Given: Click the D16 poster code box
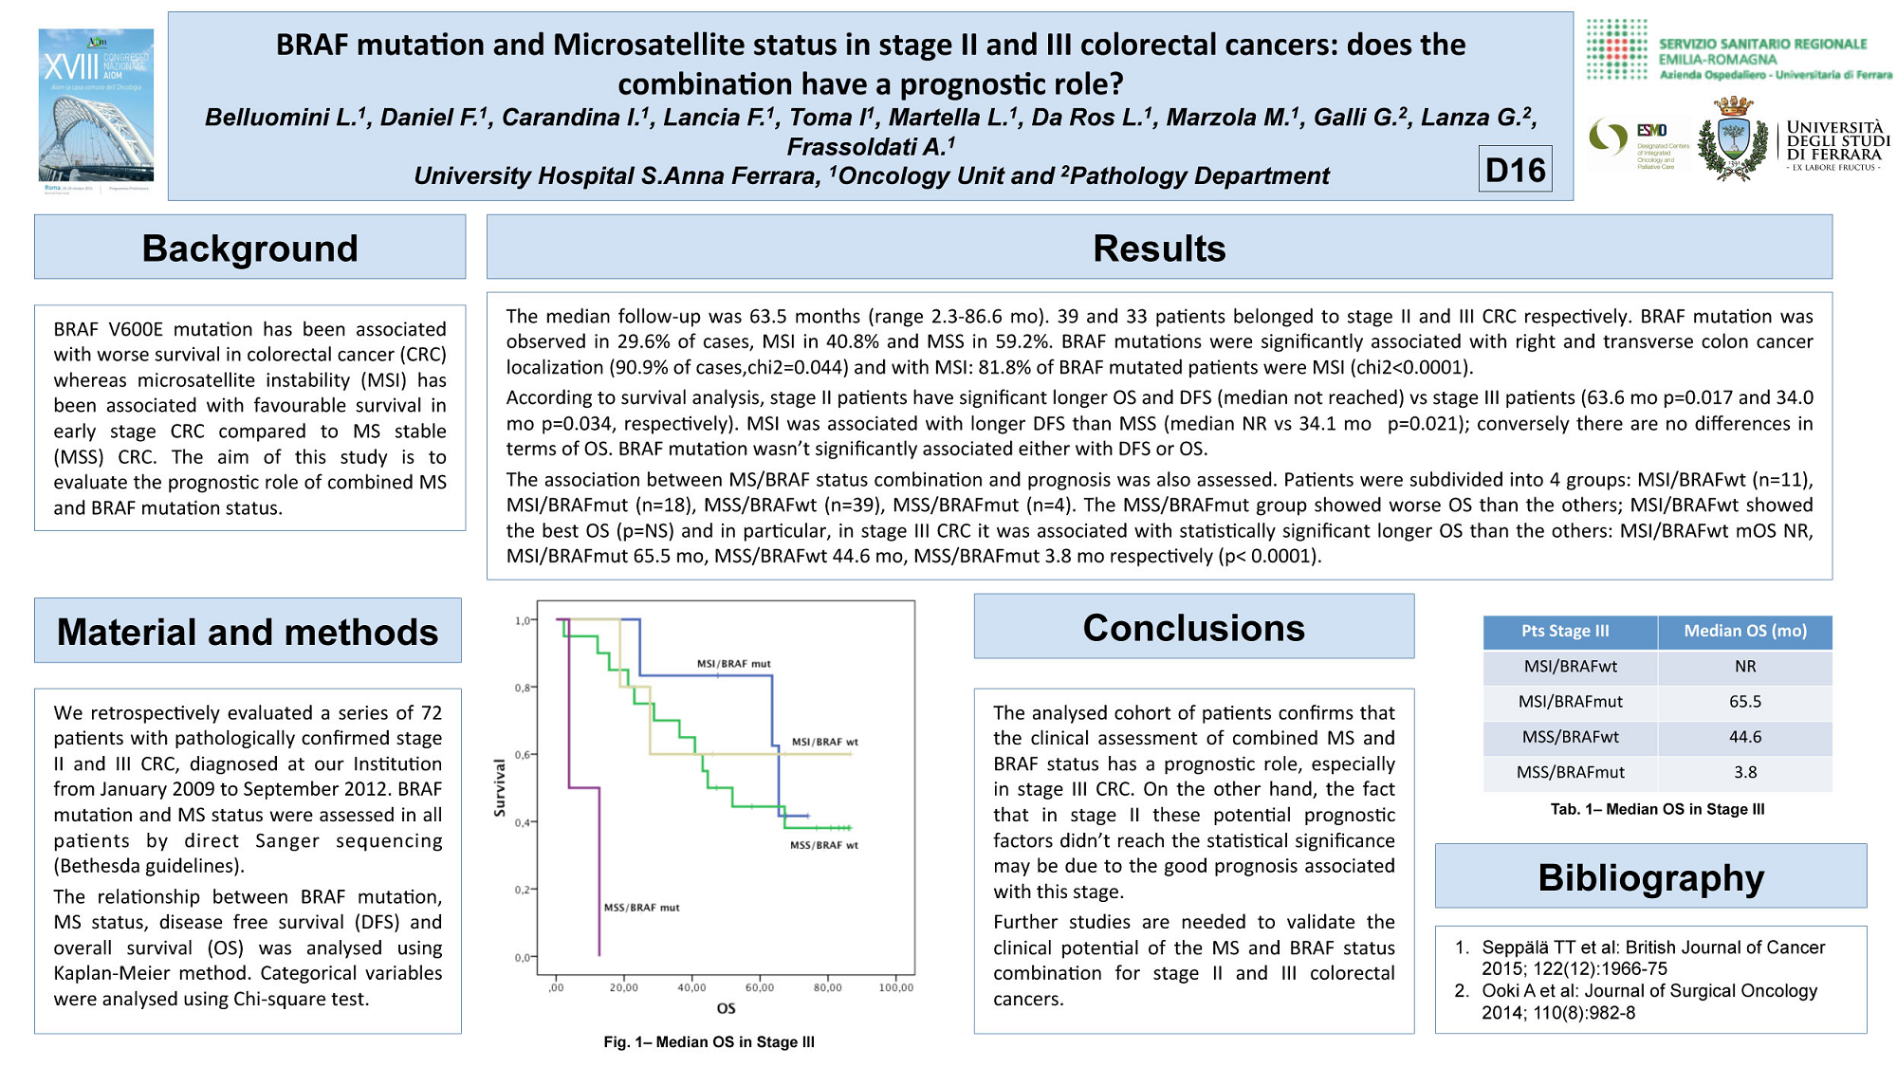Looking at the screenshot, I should point(1515,170).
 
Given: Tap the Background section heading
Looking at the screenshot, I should point(249,248).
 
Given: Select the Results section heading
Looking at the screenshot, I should point(1158,248).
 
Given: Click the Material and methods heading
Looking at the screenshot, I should point(248,632).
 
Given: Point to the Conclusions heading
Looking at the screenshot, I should point(1193,628).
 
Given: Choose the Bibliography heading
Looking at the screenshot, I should point(1650,877).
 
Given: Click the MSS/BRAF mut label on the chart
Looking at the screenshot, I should point(641,908).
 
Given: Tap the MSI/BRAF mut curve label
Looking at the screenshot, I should point(733,664).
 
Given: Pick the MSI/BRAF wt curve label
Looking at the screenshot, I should point(824,742).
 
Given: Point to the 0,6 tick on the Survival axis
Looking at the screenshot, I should point(523,755).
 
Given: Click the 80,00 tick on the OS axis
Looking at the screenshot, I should point(827,987).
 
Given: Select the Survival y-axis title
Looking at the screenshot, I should point(500,788).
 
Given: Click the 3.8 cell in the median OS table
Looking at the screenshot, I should point(1744,772).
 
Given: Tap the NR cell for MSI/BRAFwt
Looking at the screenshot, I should point(1744,667).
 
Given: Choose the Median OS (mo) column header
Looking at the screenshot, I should point(1744,631).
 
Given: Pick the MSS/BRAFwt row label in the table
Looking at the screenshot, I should point(1570,737).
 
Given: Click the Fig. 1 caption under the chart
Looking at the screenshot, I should point(709,1041).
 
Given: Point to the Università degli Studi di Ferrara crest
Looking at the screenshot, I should point(1734,139).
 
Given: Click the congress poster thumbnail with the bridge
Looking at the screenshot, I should point(96,105).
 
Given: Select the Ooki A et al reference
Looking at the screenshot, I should point(1648,1002).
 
